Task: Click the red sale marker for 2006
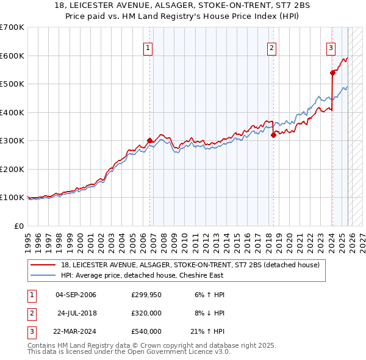coord(150,140)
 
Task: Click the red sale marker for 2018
coord(273,135)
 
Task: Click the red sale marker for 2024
coord(332,73)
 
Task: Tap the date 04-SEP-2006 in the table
coord(76,295)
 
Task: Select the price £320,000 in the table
coord(146,313)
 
